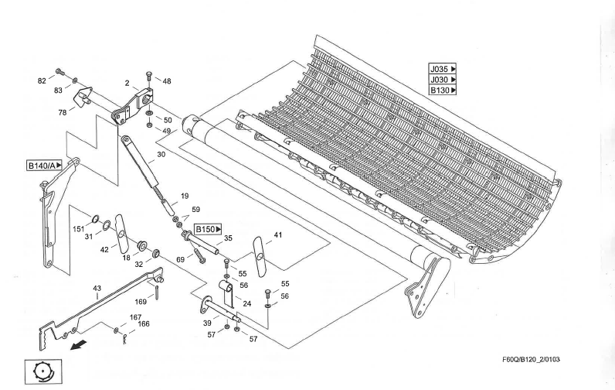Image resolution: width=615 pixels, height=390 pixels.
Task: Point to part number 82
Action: pos(42,80)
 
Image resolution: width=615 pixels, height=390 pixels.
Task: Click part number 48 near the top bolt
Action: pos(167,80)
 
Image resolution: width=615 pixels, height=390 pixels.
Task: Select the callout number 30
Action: pos(161,155)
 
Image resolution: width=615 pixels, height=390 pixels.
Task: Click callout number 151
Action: pos(79,229)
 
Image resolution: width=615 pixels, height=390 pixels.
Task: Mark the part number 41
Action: pos(278,234)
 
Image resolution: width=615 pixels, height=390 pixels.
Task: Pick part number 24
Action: pos(247,303)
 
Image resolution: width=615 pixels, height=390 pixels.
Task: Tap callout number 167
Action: pos(135,317)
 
